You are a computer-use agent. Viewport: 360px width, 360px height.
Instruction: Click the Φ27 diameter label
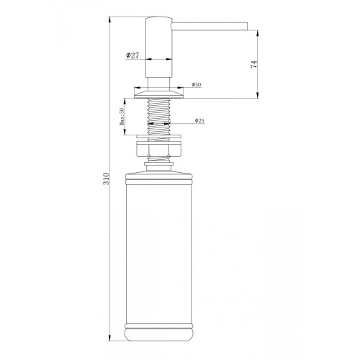132,55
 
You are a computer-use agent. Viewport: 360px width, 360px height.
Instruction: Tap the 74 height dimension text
254,64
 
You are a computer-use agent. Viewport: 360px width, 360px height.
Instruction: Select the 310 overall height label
106,179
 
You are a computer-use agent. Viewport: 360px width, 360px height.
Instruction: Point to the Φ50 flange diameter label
197,84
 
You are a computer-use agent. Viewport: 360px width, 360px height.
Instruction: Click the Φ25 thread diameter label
199,121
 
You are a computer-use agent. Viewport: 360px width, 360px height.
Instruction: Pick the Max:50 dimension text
122,117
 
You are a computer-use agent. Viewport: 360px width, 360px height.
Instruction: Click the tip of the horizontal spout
247,26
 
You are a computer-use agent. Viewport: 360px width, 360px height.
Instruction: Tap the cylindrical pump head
159,47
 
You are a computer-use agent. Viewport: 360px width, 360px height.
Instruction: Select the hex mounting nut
159,150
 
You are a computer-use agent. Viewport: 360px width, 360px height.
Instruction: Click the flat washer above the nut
159,137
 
